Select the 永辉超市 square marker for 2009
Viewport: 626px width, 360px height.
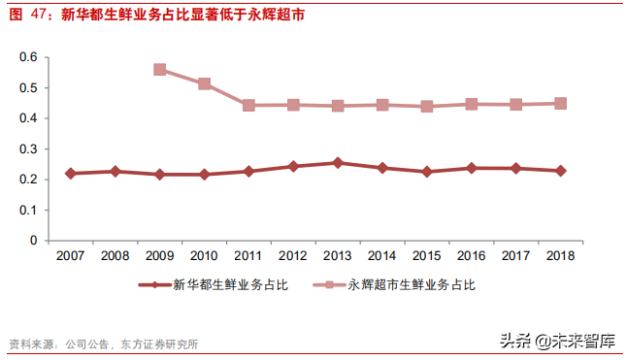(159, 70)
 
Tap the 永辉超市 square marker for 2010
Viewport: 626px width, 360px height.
(204, 83)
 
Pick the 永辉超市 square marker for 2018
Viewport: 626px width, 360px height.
(560, 103)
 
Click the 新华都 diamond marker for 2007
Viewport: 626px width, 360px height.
(70, 173)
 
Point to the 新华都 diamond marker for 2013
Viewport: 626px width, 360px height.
(338, 163)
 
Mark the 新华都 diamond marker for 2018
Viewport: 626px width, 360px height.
(560, 171)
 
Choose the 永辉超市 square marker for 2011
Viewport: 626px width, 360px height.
(248, 105)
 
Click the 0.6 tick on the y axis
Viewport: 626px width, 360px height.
(28, 57)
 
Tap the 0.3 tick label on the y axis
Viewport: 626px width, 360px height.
(28, 148)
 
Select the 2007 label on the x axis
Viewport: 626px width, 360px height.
(70, 255)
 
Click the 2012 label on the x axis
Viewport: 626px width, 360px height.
(293, 255)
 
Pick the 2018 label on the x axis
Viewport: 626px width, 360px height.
(560, 255)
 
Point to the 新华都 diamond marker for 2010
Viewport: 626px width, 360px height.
(204, 175)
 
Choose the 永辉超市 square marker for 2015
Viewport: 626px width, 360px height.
(426, 106)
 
